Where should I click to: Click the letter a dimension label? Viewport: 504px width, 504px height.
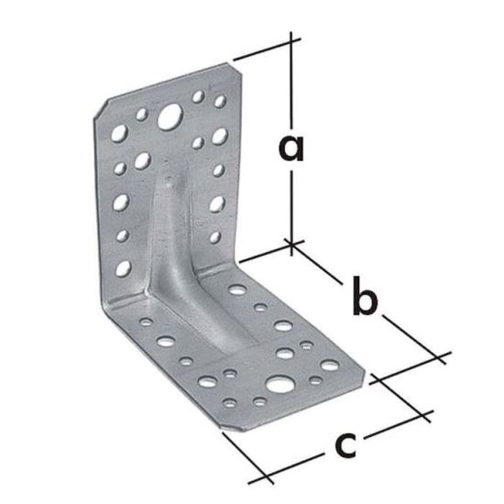coord(291,147)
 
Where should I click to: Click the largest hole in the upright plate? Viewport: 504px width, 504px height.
coord(169,116)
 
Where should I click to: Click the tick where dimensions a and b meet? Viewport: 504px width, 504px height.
coord(291,244)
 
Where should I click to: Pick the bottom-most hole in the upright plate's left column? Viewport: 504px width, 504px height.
coord(121,268)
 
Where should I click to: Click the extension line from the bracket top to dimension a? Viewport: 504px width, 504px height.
coord(266,51)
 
